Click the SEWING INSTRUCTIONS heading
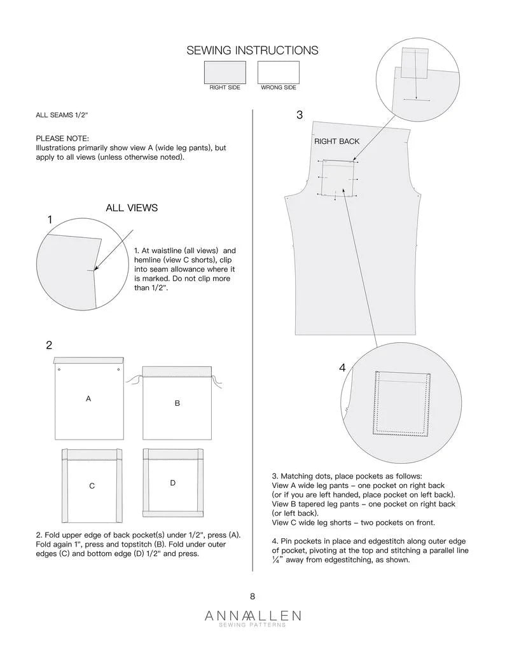[x=252, y=50]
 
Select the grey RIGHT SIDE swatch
[x=225, y=72]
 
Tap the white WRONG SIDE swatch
[x=278, y=72]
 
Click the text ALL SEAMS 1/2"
[x=62, y=115]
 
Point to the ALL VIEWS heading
[x=132, y=208]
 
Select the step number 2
[x=49, y=345]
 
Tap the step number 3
[x=300, y=115]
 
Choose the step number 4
[x=342, y=368]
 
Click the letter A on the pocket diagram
[x=88, y=398]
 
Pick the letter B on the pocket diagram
[x=177, y=403]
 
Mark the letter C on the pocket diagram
[x=92, y=486]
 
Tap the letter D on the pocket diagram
[x=172, y=484]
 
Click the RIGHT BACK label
[x=336, y=141]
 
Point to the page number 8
[x=253, y=596]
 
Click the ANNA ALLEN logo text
[x=253, y=615]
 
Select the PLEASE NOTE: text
[x=62, y=138]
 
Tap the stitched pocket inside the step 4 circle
[x=400, y=403]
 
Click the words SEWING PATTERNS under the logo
[x=253, y=625]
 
